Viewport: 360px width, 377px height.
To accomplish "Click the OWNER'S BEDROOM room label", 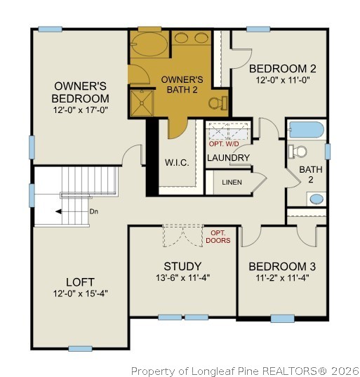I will (81, 92).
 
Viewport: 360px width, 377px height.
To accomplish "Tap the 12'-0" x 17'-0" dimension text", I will (81, 111).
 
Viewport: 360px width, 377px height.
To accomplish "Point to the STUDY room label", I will (182, 266).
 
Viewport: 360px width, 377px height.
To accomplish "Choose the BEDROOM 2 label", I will (282, 68).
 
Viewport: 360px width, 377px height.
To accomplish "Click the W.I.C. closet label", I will (176, 162).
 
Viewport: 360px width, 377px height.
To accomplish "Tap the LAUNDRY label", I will (228, 158).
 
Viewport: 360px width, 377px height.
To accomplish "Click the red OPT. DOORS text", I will (218, 237).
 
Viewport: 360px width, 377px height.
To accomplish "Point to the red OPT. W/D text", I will (225, 144).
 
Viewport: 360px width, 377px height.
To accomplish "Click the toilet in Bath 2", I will (298, 151).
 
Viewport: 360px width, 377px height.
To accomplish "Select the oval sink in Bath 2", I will (317, 199).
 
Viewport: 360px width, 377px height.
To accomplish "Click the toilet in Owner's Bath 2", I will (218, 102).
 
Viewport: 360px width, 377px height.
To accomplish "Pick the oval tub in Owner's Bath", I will (148, 46).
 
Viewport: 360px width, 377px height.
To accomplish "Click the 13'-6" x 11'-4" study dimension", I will (182, 277).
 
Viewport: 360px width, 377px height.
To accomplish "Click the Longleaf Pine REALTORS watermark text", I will (245, 370).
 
